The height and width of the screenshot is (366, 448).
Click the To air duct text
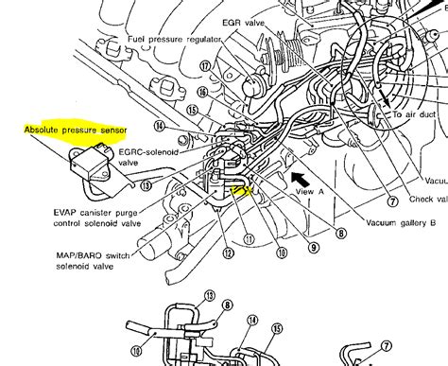tap(417, 113)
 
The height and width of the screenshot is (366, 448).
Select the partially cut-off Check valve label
tap(427, 200)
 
